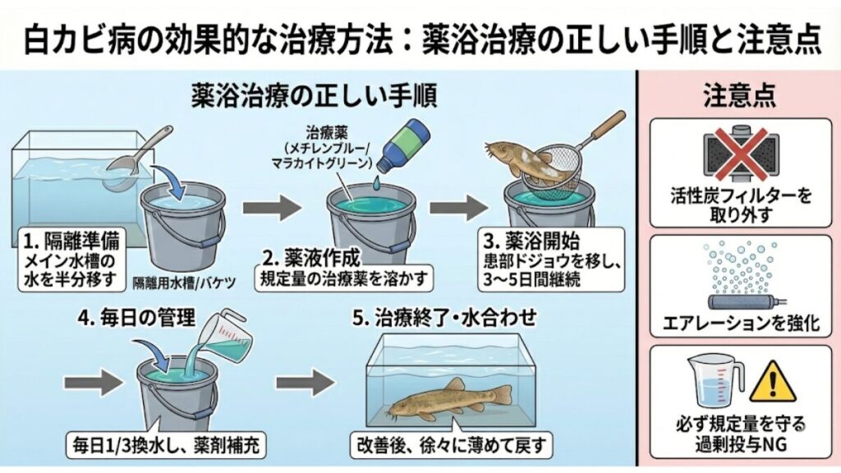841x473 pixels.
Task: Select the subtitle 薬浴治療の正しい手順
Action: (314, 96)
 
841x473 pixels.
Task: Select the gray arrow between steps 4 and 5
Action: (306, 382)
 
